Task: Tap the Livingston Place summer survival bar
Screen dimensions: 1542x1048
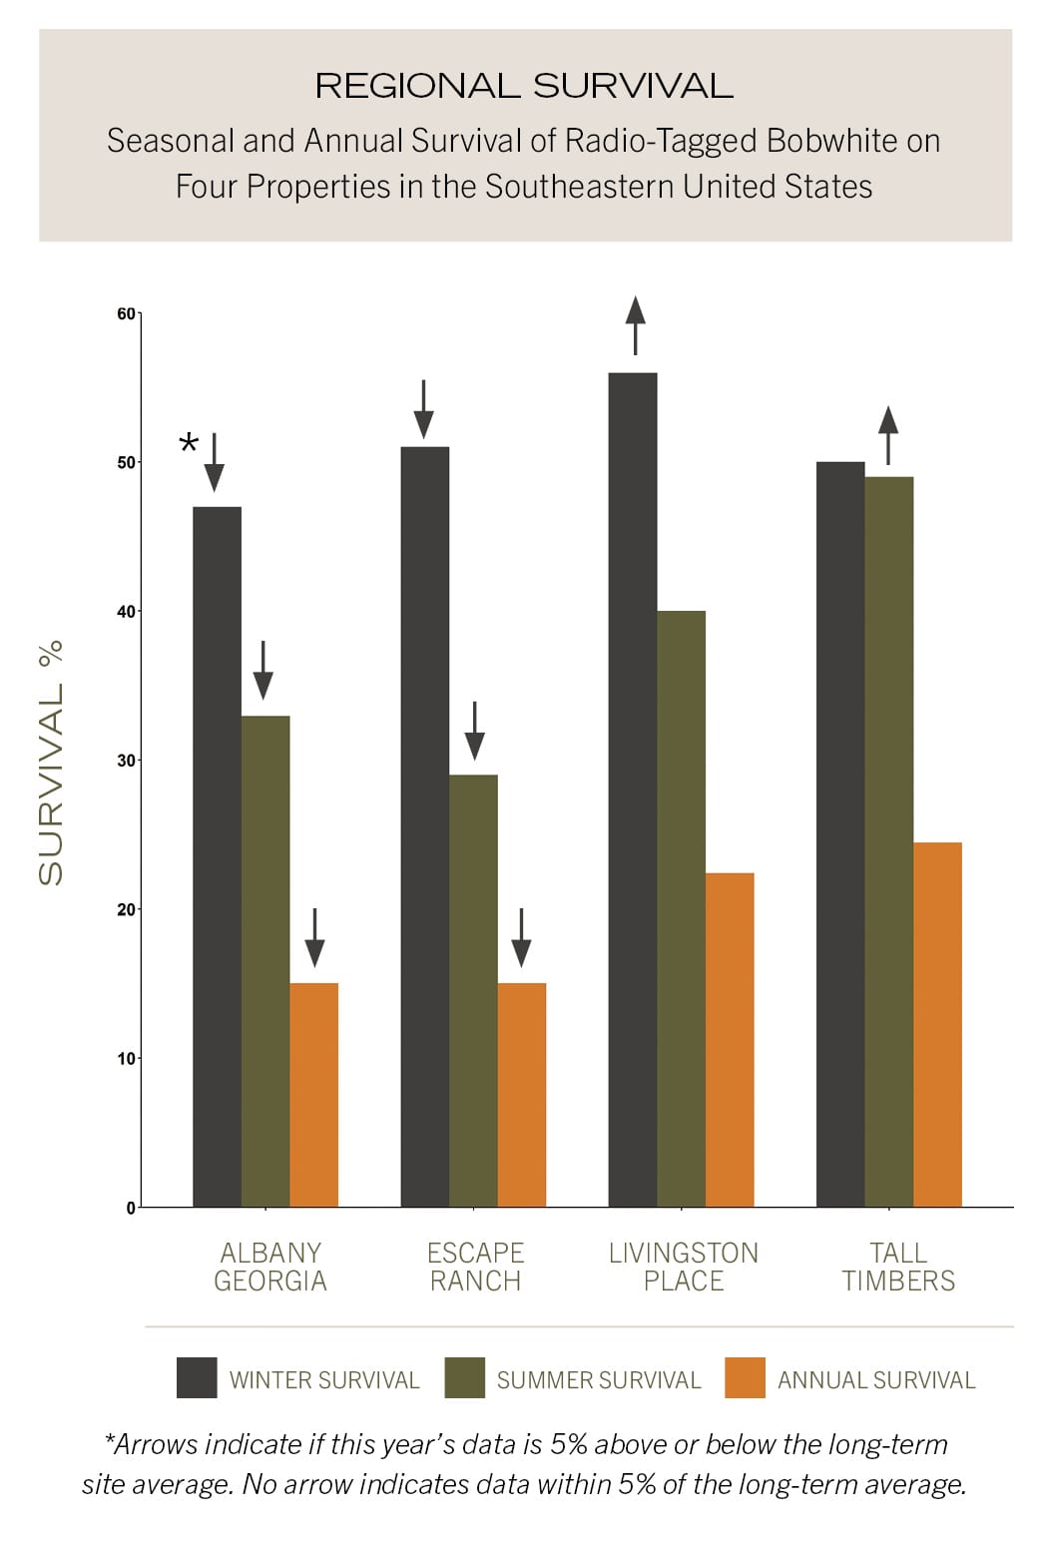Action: click(681, 908)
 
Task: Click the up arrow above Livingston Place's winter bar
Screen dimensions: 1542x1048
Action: click(635, 324)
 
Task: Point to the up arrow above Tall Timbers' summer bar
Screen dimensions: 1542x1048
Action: click(888, 434)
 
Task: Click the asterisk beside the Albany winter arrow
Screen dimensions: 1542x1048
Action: click(188, 444)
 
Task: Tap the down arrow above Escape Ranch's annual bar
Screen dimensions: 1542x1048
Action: click(521, 937)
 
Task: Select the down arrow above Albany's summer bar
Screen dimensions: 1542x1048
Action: click(262, 670)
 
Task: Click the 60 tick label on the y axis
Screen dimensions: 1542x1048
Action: click(126, 313)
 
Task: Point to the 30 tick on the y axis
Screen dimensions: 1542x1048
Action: click(126, 761)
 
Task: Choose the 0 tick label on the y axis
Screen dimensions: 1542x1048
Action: click(131, 1208)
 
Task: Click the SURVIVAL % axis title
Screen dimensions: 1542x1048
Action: click(50, 763)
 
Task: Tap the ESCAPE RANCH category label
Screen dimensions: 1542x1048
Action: click(475, 1267)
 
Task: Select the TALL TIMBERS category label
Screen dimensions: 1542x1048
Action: click(898, 1267)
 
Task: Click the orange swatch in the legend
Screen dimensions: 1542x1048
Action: click(745, 1377)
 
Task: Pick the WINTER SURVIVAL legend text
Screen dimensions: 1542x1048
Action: click(324, 1380)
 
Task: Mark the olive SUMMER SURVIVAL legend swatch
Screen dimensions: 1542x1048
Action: click(464, 1377)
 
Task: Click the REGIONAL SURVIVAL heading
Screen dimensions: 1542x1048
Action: click(524, 86)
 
